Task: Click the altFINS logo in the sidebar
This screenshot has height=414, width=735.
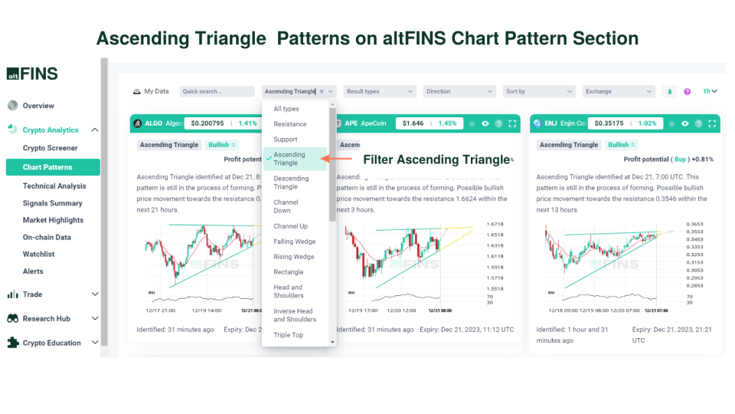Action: point(32,74)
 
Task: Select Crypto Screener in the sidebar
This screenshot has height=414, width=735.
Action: point(50,148)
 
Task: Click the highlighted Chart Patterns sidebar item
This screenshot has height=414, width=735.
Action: point(52,167)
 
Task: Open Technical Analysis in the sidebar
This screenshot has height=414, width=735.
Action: point(54,186)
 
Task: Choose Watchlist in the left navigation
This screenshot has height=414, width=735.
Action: point(38,254)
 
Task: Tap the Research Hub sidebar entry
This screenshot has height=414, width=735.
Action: point(46,318)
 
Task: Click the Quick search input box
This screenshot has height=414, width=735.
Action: point(217,91)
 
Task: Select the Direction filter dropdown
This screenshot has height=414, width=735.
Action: point(459,91)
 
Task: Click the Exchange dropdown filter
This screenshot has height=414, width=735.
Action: point(619,91)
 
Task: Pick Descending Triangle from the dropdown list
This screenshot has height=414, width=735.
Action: point(291,182)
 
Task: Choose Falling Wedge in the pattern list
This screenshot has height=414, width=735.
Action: point(294,242)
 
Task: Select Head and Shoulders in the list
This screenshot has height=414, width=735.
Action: point(288,291)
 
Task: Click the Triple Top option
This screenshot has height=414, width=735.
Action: point(288,335)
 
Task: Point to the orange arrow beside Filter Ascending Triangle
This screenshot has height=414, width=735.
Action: point(336,159)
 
